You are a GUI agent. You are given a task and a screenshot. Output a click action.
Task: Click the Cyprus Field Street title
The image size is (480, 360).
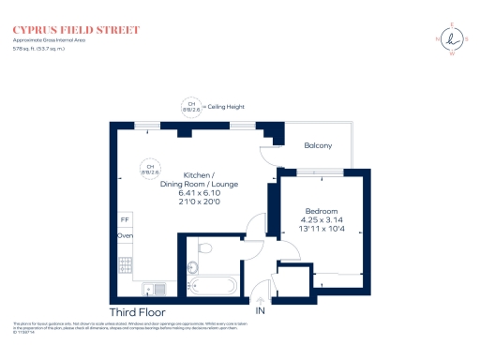77,30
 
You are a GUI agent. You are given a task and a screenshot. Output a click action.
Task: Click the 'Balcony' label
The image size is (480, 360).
318,145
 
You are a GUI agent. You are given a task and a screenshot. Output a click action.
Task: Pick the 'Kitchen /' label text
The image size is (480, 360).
199,176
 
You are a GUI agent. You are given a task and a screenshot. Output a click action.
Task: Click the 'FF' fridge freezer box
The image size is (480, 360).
124,219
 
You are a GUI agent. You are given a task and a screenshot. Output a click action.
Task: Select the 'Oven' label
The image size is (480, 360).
125,236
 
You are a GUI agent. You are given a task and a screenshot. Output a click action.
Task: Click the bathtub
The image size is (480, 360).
215,286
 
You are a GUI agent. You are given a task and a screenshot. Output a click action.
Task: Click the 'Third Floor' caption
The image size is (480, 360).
138,311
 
